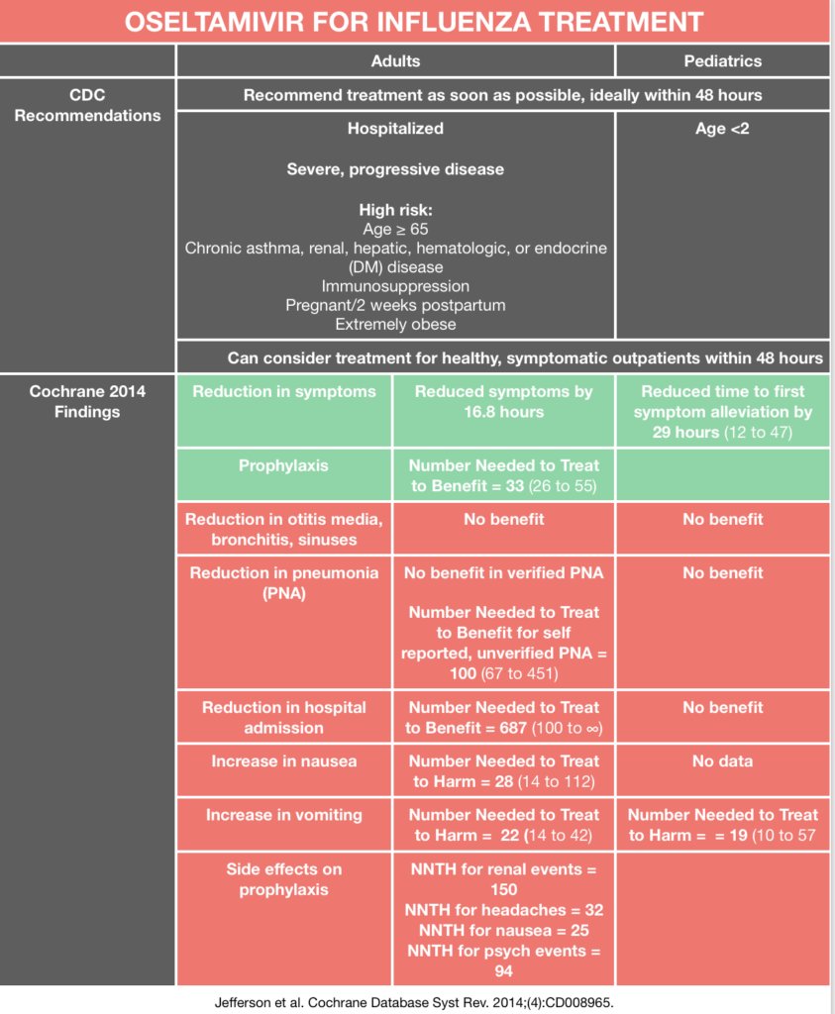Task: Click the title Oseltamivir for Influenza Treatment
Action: click(414, 22)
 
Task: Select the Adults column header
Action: click(395, 61)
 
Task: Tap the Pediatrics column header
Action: click(722, 61)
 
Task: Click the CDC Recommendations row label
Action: click(87, 106)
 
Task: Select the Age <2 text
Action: click(722, 129)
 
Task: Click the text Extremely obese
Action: click(395, 324)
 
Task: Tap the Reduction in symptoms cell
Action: click(284, 392)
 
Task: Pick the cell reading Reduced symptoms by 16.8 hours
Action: click(503, 402)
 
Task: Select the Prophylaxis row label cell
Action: click(284, 465)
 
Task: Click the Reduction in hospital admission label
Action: click(284, 717)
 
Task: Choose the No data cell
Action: click(722, 761)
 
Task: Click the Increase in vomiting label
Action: click(284, 815)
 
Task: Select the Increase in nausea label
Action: click(284, 761)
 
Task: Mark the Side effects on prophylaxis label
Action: click(284, 879)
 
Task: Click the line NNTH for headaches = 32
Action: click(503, 910)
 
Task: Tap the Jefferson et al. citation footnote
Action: click(414, 1001)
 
